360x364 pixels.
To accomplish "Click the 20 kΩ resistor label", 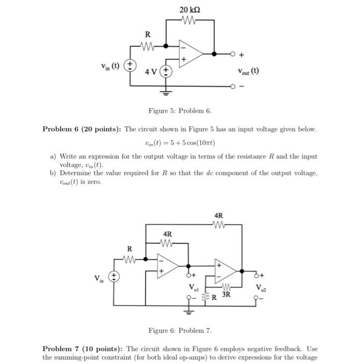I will coord(189,10).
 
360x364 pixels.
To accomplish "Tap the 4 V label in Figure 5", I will coord(151,71).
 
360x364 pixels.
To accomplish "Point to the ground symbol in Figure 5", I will coord(166,93).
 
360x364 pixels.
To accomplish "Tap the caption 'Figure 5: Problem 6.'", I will coord(180,111).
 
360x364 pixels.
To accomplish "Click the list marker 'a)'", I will coord(53,156).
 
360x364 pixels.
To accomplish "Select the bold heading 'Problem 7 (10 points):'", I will coord(82,348).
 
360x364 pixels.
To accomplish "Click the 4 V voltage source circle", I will coord(166,71).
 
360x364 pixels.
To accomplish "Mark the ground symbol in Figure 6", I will coord(188,311).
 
